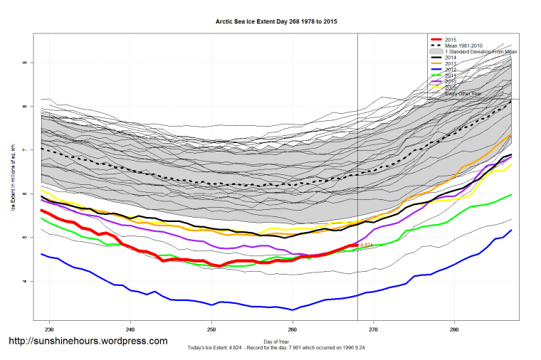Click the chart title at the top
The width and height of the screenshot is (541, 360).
click(276, 22)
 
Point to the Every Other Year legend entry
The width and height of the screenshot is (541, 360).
click(463, 93)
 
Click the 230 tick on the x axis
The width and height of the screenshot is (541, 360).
click(49, 330)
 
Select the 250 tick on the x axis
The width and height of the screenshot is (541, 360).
click(211, 330)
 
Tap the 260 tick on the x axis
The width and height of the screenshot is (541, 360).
click(293, 330)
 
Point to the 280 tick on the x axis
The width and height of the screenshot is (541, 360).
click(454, 330)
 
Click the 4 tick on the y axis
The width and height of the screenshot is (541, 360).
click(26, 281)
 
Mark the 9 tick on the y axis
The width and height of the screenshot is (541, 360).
click(26, 63)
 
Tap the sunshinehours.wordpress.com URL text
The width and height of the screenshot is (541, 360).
click(88, 341)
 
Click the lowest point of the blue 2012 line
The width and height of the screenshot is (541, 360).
click(293, 309)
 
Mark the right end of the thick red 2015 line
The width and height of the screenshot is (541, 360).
click(357, 245)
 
